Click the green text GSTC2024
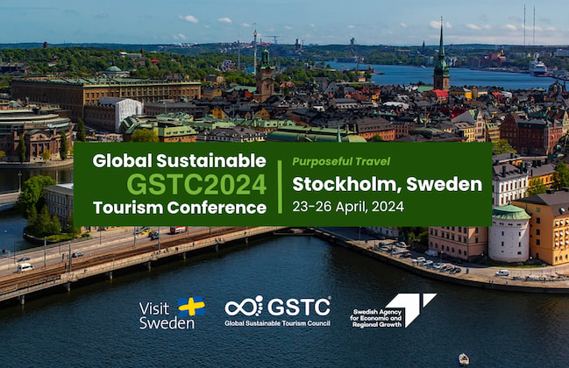coord(196,184)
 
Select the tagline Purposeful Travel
coord(341,162)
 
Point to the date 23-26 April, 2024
coord(348,207)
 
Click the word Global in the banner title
coord(122,160)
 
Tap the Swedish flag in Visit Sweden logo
coord(192,307)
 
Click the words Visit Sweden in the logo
coord(167,315)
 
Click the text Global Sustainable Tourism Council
coord(278,323)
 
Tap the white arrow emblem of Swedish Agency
coord(412,309)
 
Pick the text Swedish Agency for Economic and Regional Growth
coord(376,318)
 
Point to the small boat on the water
coord(464,359)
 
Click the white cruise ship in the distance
coord(537,68)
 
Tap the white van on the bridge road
coord(25,267)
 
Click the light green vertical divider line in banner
coord(280,188)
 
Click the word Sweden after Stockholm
coord(445,184)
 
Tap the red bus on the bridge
coord(179,230)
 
